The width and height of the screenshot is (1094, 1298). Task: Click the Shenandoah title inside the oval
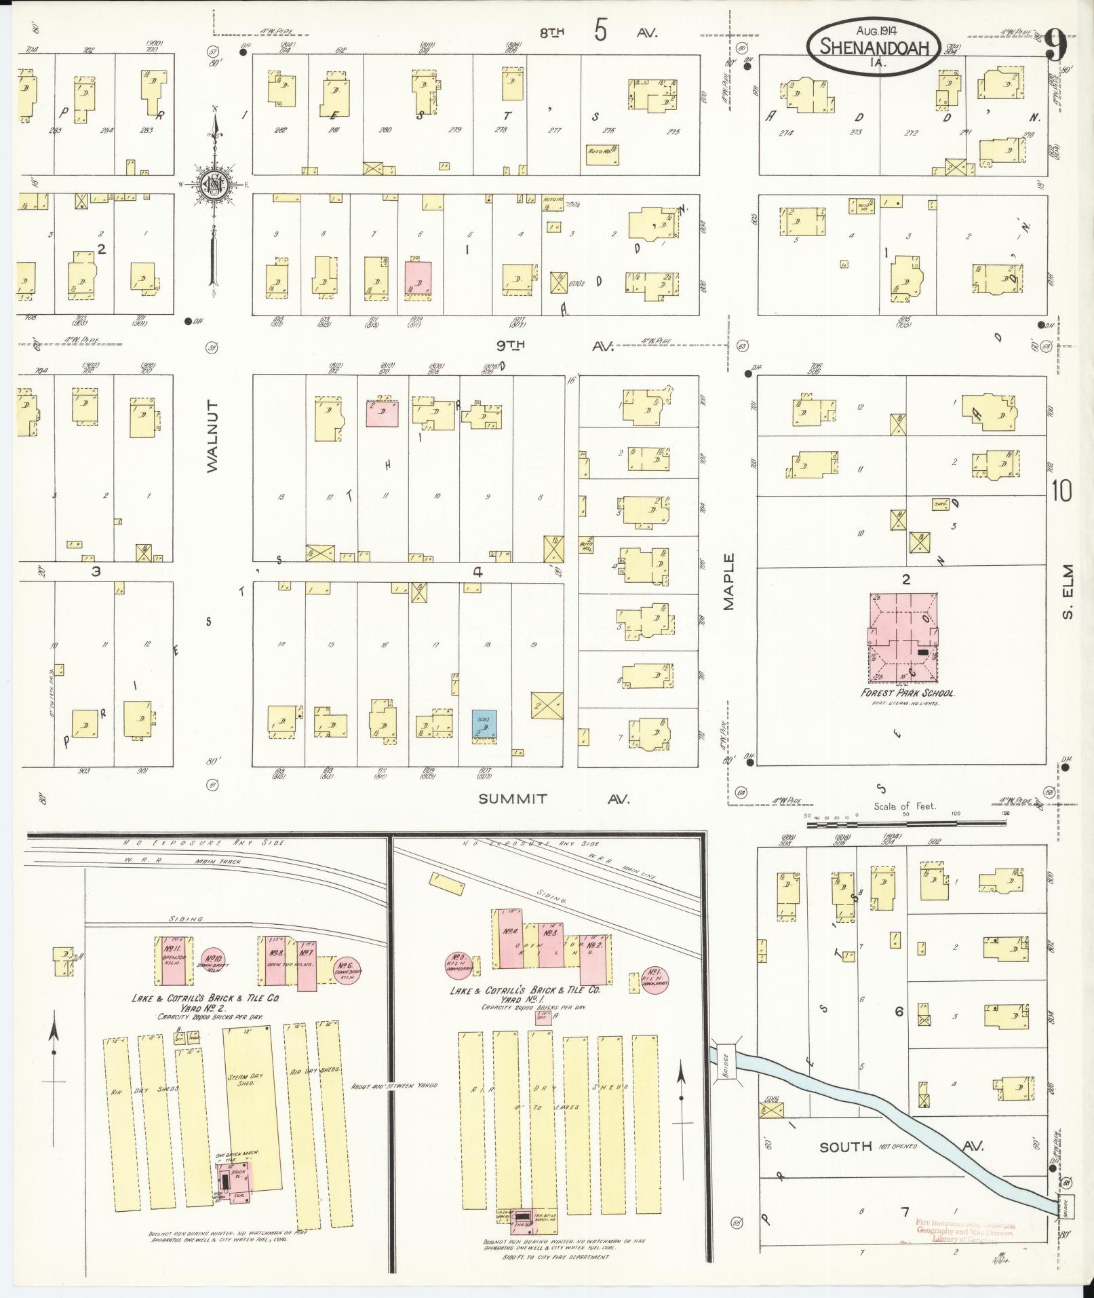click(x=872, y=47)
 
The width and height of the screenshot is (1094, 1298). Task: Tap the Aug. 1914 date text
click(x=874, y=30)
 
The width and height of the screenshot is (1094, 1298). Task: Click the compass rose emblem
click(x=214, y=183)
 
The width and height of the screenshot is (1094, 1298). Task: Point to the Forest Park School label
click(x=907, y=693)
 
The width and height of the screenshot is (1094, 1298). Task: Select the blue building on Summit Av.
click(x=484, y=725)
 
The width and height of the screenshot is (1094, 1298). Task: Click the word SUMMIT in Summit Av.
click(x=513, y=799)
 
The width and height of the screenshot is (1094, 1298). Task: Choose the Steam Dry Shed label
click(x=246, y=1078)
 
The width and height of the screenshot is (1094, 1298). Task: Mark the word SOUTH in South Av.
click(x=846, y=1147)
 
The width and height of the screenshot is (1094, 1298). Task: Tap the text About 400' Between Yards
click(x=394, y=1086)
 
